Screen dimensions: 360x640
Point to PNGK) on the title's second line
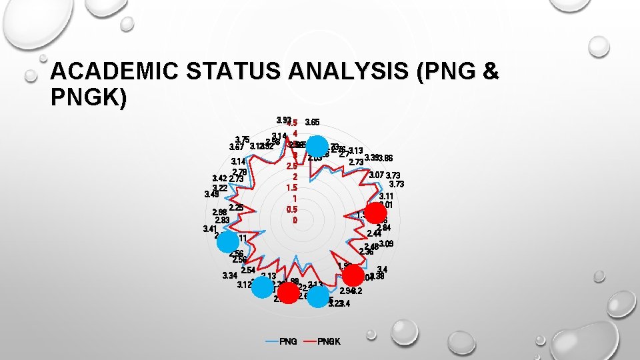coord(87,97)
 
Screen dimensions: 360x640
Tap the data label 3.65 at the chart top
coord(311,123)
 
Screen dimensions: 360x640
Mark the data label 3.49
coord(211,195)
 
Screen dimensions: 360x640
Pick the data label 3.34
coord(230,276)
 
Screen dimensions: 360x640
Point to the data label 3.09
coord(386,244)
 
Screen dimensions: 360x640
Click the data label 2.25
coord(235,207)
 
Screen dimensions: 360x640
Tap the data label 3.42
coord(219,179)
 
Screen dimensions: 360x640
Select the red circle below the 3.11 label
coord(375,213)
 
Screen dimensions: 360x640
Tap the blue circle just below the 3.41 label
coord(227,242)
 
